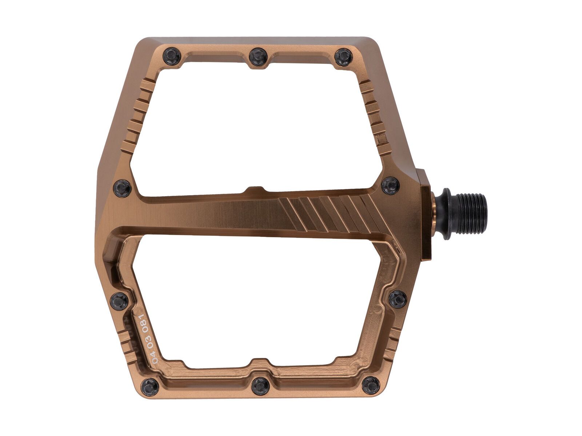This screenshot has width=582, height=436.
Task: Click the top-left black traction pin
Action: pos(172,57)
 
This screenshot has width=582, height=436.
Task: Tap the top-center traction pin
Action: pos(259,57)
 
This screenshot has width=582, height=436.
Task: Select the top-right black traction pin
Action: pos(343,57)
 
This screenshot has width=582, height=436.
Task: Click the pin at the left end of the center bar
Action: pos(122,188)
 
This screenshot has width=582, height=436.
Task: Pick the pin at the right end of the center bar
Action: pos(391,186)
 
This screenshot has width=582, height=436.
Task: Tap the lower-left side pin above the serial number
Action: pos(119,301)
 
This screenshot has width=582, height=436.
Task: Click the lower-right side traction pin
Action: pos(398,299)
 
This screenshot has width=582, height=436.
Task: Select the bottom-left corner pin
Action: pos(150,387)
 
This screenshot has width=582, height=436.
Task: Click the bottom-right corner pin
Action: pos(371,385)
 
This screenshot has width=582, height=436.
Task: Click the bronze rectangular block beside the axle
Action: pos(426,214)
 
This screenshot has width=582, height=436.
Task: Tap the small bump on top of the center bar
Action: pos(255,190)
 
